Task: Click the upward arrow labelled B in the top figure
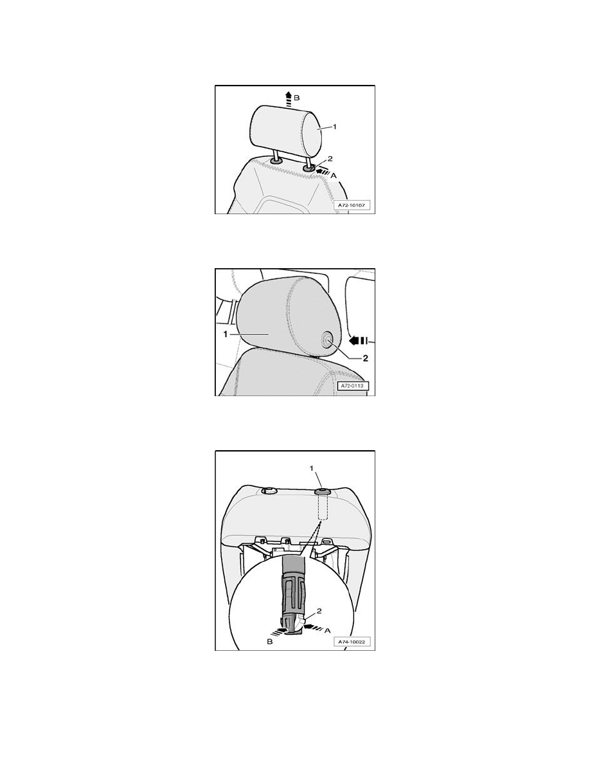(288, 99)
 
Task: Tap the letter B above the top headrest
(297, 98)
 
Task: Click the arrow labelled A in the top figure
(322, 171)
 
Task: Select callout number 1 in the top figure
(334, 127)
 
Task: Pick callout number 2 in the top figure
(330, 159)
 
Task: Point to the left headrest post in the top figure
(276, 156)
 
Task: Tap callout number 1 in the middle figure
(225, 334)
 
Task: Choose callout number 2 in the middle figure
(365, 358)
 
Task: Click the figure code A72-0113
(353, 386)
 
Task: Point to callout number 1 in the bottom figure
(312, 468)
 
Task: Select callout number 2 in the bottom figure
(319, 610)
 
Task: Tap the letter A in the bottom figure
(327, 630)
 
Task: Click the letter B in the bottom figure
(270, 642)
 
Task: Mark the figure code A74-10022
(352, 642)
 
